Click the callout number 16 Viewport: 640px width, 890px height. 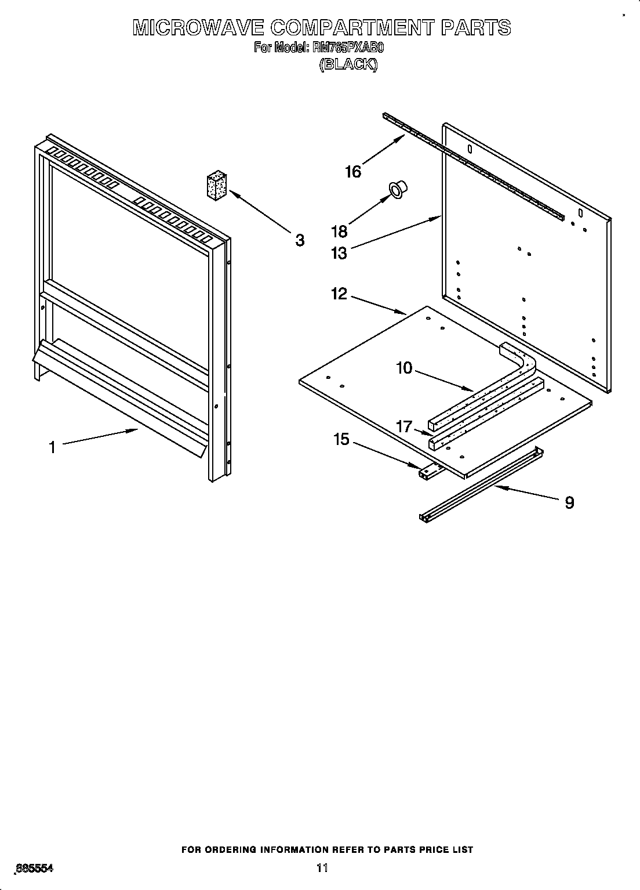(352, 171)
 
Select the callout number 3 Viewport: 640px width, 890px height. (300, 240)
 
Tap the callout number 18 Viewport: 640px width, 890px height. (339, 231)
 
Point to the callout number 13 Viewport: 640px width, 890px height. (339, 253)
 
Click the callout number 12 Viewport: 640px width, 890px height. (339, 294)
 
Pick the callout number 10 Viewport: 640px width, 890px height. (404, 367)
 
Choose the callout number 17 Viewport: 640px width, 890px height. (404, 426)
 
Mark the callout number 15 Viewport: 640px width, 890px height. (341, 439)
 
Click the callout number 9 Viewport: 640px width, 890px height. (569, 502)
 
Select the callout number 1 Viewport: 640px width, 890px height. (52, 447)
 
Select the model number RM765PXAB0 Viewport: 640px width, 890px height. (348, 48)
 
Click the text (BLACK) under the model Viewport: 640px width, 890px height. (348, 64)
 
